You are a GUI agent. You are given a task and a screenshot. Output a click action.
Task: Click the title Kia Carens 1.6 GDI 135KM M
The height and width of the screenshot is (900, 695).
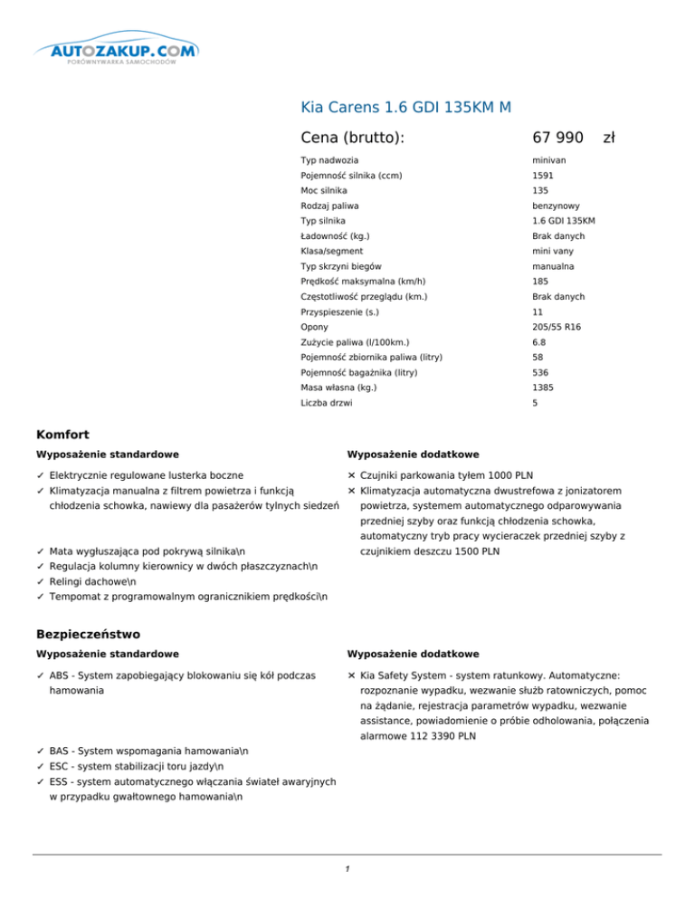point(406,109)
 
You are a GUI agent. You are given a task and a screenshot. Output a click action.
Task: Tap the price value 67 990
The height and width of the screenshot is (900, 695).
point(558,138)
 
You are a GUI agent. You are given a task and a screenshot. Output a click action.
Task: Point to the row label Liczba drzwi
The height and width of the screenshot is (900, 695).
point(327,403)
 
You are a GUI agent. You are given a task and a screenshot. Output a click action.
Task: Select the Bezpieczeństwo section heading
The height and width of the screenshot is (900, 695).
point(88,636)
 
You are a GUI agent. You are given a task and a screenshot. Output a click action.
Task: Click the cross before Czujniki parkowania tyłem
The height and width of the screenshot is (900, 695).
point(351,474)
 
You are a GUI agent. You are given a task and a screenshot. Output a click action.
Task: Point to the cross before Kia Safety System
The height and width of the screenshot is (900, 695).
point(351,675)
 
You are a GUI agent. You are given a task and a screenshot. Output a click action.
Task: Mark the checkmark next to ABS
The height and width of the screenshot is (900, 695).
point(41,675)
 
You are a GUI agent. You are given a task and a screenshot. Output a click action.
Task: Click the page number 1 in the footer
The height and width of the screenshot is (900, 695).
point(347,870)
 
